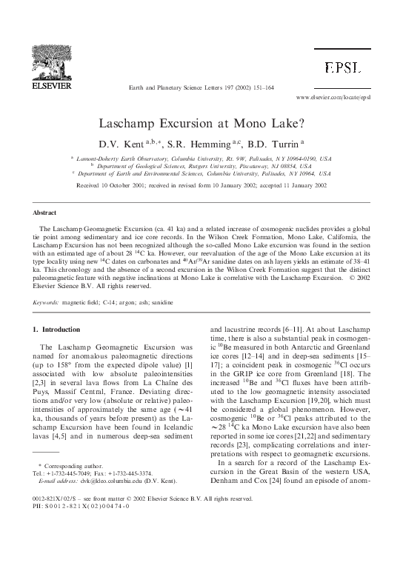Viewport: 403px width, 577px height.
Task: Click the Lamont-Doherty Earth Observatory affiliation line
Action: click(203, 159)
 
